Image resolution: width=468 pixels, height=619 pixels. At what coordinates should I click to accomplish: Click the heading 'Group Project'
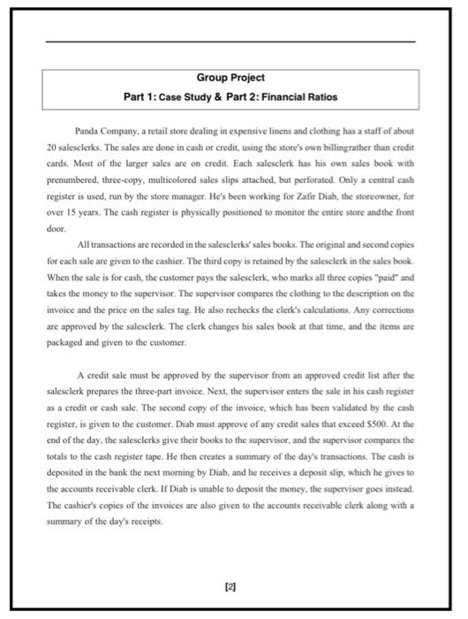pos(230,78)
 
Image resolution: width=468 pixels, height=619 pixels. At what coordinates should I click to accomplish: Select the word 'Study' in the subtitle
pos(207,96)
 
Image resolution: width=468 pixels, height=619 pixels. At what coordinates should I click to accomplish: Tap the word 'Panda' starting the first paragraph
pos(94,129)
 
